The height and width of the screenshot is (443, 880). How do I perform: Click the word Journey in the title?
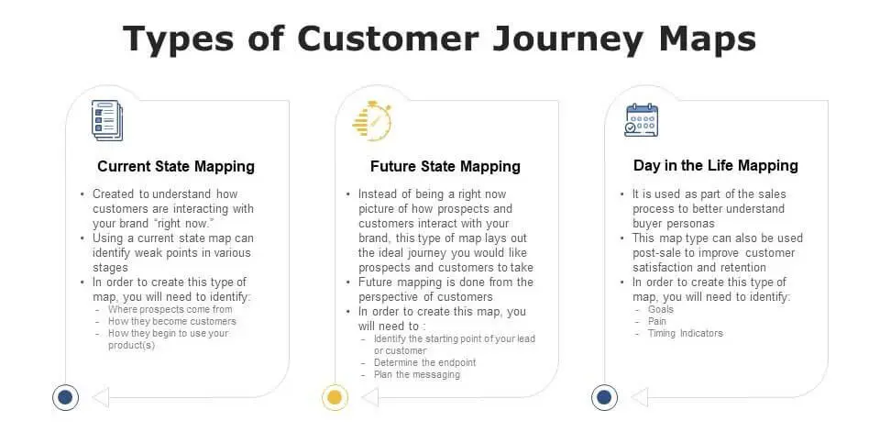[567, 39]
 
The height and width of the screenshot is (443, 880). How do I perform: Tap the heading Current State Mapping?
[176, 166]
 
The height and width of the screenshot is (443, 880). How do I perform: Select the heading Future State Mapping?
[445, 166]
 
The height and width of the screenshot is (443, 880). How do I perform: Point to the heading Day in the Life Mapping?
[716, 166]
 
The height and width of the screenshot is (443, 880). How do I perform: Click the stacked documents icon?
[107, 120]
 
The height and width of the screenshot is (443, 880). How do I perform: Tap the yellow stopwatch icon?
[371, 121]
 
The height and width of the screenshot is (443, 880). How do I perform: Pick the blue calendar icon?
[642, 120]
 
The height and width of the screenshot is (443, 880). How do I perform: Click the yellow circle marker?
[335, 397]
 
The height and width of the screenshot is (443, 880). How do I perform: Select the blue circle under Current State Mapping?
[65, 397]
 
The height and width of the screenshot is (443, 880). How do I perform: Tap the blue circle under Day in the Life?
[604, 397]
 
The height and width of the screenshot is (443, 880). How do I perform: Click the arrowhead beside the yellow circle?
[369, 397]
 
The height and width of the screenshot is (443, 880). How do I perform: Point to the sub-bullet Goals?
[661, 309]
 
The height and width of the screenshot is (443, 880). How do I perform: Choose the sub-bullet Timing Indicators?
[686, 333]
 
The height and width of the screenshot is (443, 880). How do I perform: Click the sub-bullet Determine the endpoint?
[424, 362]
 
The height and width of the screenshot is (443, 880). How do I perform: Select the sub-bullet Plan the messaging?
[417, 374]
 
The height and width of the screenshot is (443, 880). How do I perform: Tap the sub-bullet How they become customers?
[172, 321]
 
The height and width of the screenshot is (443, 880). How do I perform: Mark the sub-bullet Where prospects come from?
[170, 309]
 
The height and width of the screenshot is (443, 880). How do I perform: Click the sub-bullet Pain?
[657, 321]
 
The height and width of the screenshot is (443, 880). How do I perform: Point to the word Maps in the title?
[707, 39]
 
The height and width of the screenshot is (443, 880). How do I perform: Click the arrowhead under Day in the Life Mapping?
[639, 397]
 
